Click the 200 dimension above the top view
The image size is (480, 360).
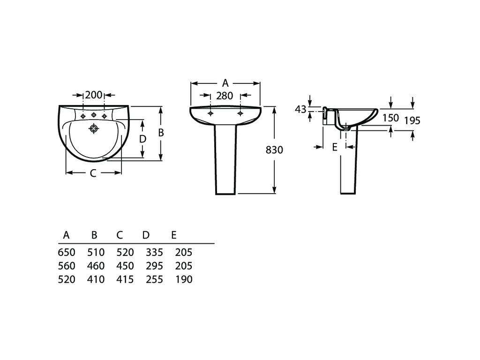94,95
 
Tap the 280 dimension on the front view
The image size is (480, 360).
225,96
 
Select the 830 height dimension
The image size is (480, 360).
275,150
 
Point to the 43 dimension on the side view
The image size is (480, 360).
300,109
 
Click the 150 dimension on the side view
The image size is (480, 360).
390,118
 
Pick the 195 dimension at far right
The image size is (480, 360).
412,120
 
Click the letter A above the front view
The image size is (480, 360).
225,83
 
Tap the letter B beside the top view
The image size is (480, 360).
160,133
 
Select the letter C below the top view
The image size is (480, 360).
93,173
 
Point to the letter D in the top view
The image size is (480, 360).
143,139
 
